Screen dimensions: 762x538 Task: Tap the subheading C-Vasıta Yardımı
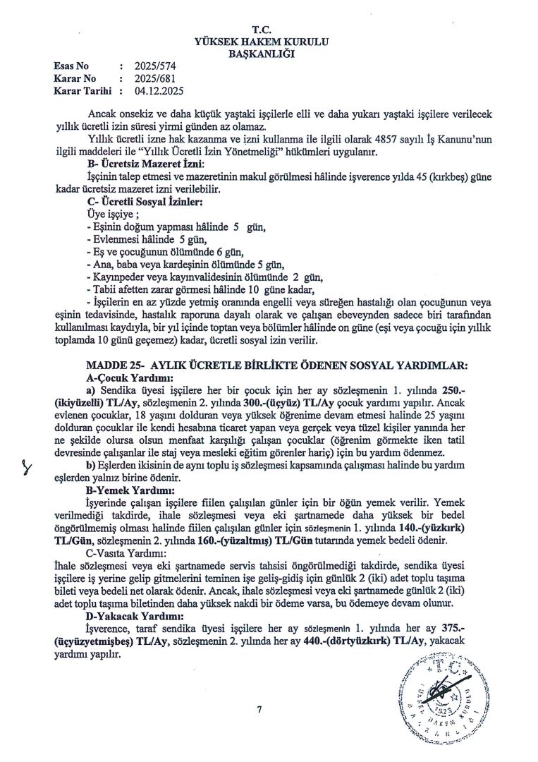point(125,555)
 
